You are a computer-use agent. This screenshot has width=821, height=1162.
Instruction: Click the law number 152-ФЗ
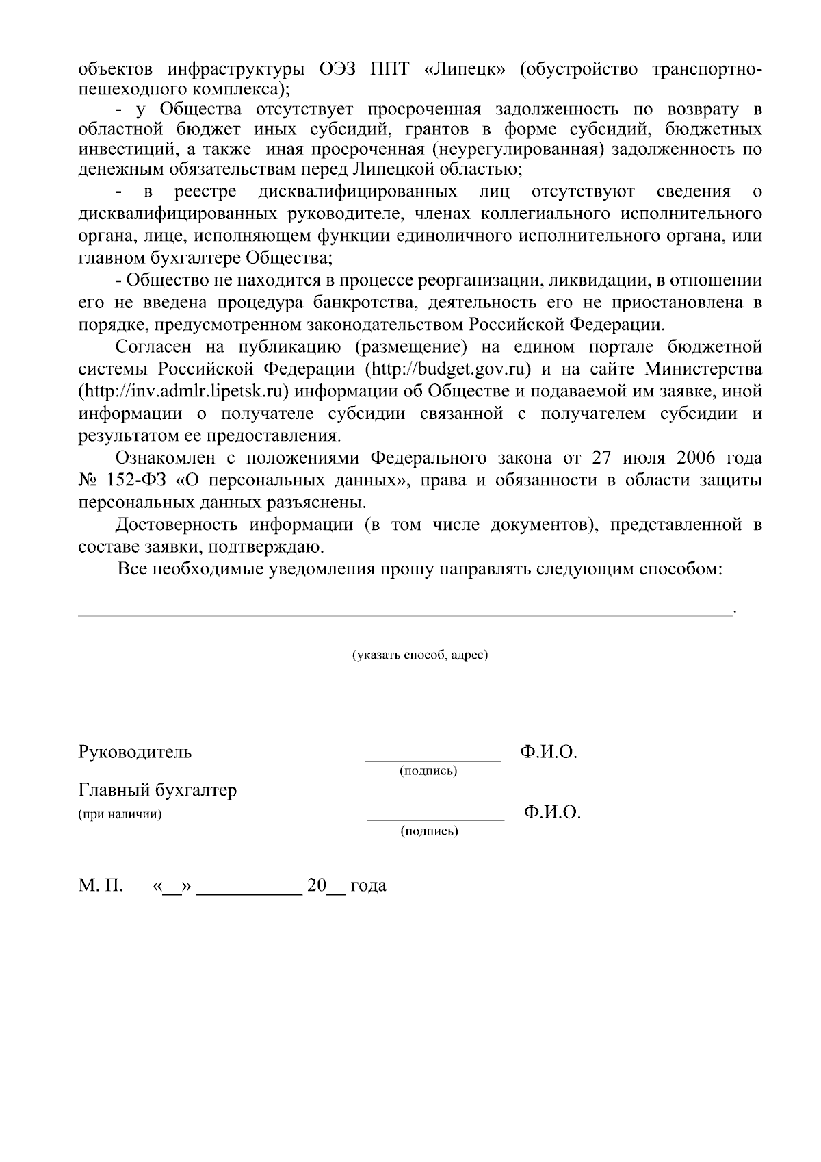click(139, 481)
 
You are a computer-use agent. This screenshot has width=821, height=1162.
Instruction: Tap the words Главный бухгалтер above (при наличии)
click(158, 790)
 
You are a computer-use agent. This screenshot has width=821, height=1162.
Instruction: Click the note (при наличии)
click(120, 814)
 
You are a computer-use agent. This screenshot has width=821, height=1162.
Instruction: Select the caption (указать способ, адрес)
click(419, 655)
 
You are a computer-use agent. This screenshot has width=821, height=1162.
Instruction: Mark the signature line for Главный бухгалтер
click(435, 819)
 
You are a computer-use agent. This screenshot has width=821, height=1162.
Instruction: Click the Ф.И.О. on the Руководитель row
click(549, 752)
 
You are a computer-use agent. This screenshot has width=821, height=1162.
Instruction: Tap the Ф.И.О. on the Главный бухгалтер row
click(552, 813)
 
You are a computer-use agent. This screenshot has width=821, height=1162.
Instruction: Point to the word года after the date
click(368, 886)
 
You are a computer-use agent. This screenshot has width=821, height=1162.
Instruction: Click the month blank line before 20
click(253, 893)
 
